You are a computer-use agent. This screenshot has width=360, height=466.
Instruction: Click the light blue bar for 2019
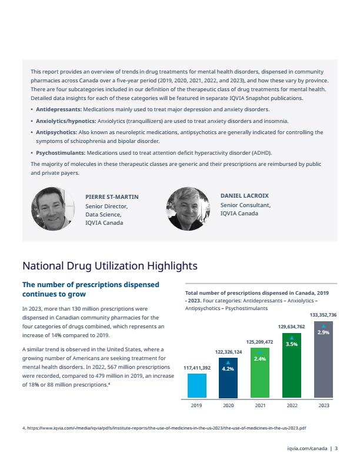pos(197,385)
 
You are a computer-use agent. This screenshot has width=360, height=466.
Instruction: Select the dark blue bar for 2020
pos(228,378)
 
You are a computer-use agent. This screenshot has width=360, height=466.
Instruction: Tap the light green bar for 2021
pos(260,372)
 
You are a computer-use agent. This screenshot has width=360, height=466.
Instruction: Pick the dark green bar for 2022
pos(292,365)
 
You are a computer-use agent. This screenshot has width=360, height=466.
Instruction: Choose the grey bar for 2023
pos(324,360)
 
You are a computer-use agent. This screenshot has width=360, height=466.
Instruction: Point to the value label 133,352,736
pos(323,315)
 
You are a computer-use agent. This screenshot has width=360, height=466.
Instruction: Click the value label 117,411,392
pos(197,368)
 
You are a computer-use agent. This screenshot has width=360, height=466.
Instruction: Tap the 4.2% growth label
pos(228,369)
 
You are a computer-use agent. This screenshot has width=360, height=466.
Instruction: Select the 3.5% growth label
pos(292,344)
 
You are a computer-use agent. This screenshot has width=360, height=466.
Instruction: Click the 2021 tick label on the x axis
pos(260,405)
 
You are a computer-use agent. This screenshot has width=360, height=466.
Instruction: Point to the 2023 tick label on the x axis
pos(324,405)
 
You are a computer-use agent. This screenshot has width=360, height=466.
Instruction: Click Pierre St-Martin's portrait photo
pos(53,209)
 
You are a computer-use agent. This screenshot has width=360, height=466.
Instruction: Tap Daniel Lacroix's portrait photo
pos(188,209)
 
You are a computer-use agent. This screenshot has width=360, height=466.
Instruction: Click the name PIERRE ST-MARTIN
pos(112,197)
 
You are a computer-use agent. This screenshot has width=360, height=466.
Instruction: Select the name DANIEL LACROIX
pos(245,196)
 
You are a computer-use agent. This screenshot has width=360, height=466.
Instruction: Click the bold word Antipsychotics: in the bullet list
pos(56,132)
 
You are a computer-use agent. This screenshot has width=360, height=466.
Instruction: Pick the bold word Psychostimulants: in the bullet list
pos(61,153)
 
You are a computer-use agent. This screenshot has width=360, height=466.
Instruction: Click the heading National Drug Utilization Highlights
pos(110,266)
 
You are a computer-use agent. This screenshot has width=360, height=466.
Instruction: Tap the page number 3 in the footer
pos(336,448)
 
